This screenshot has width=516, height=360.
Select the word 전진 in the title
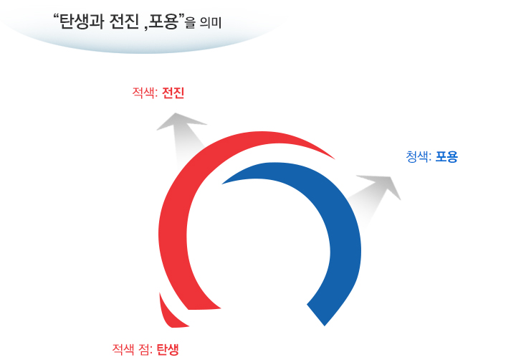[125, 22]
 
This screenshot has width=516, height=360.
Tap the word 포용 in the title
[163, 22]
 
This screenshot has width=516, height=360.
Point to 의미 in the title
[211, 23]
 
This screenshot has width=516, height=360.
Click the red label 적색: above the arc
[145, 93]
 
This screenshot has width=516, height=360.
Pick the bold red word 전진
[173, 93]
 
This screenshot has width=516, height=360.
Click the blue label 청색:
[419, 156]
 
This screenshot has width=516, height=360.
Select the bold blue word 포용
[446, 156]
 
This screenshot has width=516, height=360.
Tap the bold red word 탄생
[168, 349]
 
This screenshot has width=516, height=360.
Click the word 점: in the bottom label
[145, 349]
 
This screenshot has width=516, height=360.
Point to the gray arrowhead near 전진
[181, 121]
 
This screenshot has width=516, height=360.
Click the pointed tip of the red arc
[335, 159]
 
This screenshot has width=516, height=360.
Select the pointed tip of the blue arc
[222, 184]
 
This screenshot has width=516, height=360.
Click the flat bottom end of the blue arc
[316, 316]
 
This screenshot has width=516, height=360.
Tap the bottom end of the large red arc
[204, 309]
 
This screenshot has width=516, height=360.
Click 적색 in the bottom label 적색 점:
[123, 349]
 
